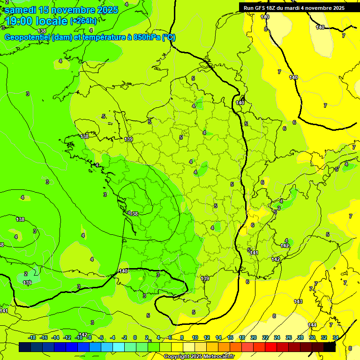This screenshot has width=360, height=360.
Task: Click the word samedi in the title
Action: pos(22,10)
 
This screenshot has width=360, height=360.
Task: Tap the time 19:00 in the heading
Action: pos(22,21)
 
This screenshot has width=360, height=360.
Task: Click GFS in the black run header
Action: pos(262,8)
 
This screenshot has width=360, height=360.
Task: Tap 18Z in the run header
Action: pos(273,8)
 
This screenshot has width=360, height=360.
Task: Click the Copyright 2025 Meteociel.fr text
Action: pos(199,356)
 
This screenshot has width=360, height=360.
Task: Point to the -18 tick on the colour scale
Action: pos(32,337)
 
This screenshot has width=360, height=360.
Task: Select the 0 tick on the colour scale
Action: pos(135,337)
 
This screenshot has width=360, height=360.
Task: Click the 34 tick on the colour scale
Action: pos(336,337)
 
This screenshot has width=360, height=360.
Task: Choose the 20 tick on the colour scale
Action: pos(254,337)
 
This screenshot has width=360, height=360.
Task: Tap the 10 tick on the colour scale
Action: pos(195,337)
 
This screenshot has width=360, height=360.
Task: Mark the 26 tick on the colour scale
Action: pos(289,337)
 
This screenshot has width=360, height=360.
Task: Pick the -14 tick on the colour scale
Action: pos(55,337)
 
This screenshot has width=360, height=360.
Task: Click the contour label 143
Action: pos(298,301)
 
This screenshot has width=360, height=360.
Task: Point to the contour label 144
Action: pos(312,325)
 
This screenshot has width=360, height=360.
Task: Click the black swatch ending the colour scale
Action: pos(330,347)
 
